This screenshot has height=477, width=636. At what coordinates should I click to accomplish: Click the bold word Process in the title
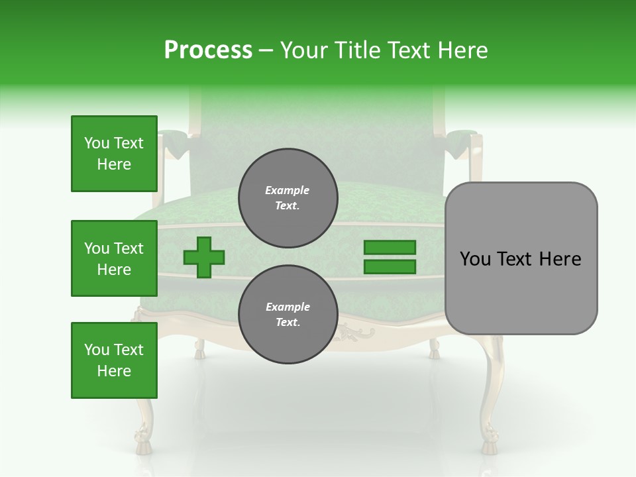(x=208, y=50)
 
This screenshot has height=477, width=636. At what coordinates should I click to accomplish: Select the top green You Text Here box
(x=114, y=154)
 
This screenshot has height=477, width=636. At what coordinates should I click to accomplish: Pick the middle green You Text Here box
(x=114, y=258)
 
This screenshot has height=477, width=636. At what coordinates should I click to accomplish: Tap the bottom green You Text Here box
(x=114, y=360)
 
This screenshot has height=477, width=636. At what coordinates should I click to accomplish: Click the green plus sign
(x=204, y=258)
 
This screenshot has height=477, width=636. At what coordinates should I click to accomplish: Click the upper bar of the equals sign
(x=390, y=247)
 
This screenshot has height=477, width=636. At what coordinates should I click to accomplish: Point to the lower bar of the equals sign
(x=390, y=267)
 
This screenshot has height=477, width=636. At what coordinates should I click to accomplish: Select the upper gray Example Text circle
(x=288, y=197)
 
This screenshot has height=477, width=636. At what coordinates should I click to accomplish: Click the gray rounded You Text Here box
(x=521, y=258)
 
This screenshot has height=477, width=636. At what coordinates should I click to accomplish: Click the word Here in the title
(x=462, y=50)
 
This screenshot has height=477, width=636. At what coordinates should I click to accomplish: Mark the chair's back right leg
(x=434, y=348)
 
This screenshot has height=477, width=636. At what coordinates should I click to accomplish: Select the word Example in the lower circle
(x=288, y=307)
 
